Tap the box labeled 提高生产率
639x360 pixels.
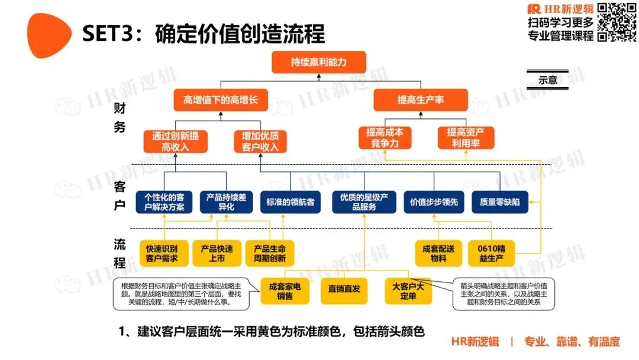421,100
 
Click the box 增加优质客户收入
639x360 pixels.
260,142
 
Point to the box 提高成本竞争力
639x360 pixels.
385,137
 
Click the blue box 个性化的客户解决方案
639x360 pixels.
164,202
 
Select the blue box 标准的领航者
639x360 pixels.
288,202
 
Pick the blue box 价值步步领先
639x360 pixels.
434,202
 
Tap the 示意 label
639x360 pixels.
548,80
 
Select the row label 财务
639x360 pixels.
120,117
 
